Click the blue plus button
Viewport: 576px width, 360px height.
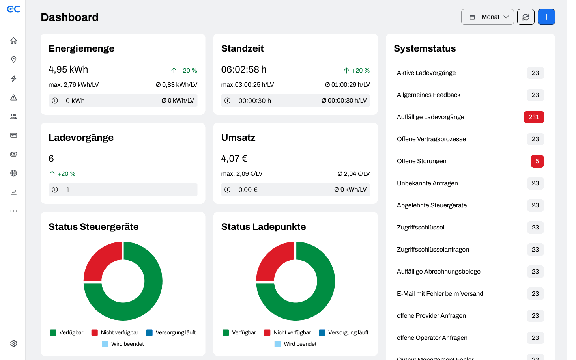[546, 17]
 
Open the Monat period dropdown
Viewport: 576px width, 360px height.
[487, 17]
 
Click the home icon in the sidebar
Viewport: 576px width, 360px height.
[14, 41]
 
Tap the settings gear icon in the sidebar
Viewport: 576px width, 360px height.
[14, 343]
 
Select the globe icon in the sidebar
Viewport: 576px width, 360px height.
[14, 173]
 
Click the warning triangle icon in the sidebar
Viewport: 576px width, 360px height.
[14, 97]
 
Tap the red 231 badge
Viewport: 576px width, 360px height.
[534, 117]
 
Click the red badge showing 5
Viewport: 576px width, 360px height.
[537, 161]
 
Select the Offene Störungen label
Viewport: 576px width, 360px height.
[421, 161]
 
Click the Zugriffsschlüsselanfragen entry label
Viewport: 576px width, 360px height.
[433, 249]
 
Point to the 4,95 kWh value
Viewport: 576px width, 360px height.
[68, 69]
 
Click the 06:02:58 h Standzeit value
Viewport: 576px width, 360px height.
[244, 69]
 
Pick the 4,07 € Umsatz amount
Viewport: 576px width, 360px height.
[234, 159]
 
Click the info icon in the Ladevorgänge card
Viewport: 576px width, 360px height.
[55, 190]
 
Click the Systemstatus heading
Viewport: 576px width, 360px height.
[425, 48]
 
